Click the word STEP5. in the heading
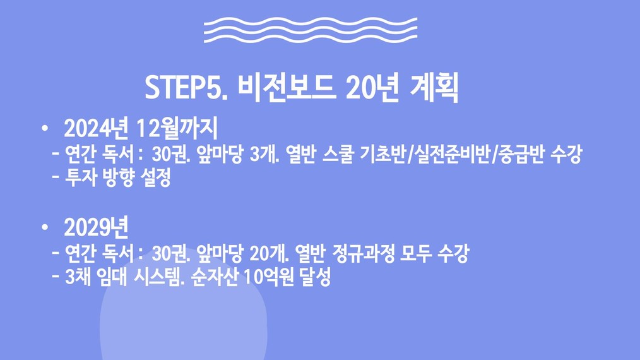coord(186,87)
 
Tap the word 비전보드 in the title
coord(287,87)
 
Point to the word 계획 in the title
coord(434,87)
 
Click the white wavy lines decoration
coord(311,30)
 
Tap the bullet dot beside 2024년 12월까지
coord(44,129)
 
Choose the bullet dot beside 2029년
coord(44,227)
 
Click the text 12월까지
coord(177,128)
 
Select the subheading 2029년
coord(97,227)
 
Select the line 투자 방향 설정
coord(118,178)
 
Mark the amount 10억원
coord(269,277)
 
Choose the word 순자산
coord(214,277)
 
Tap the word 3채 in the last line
coord(78,277)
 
